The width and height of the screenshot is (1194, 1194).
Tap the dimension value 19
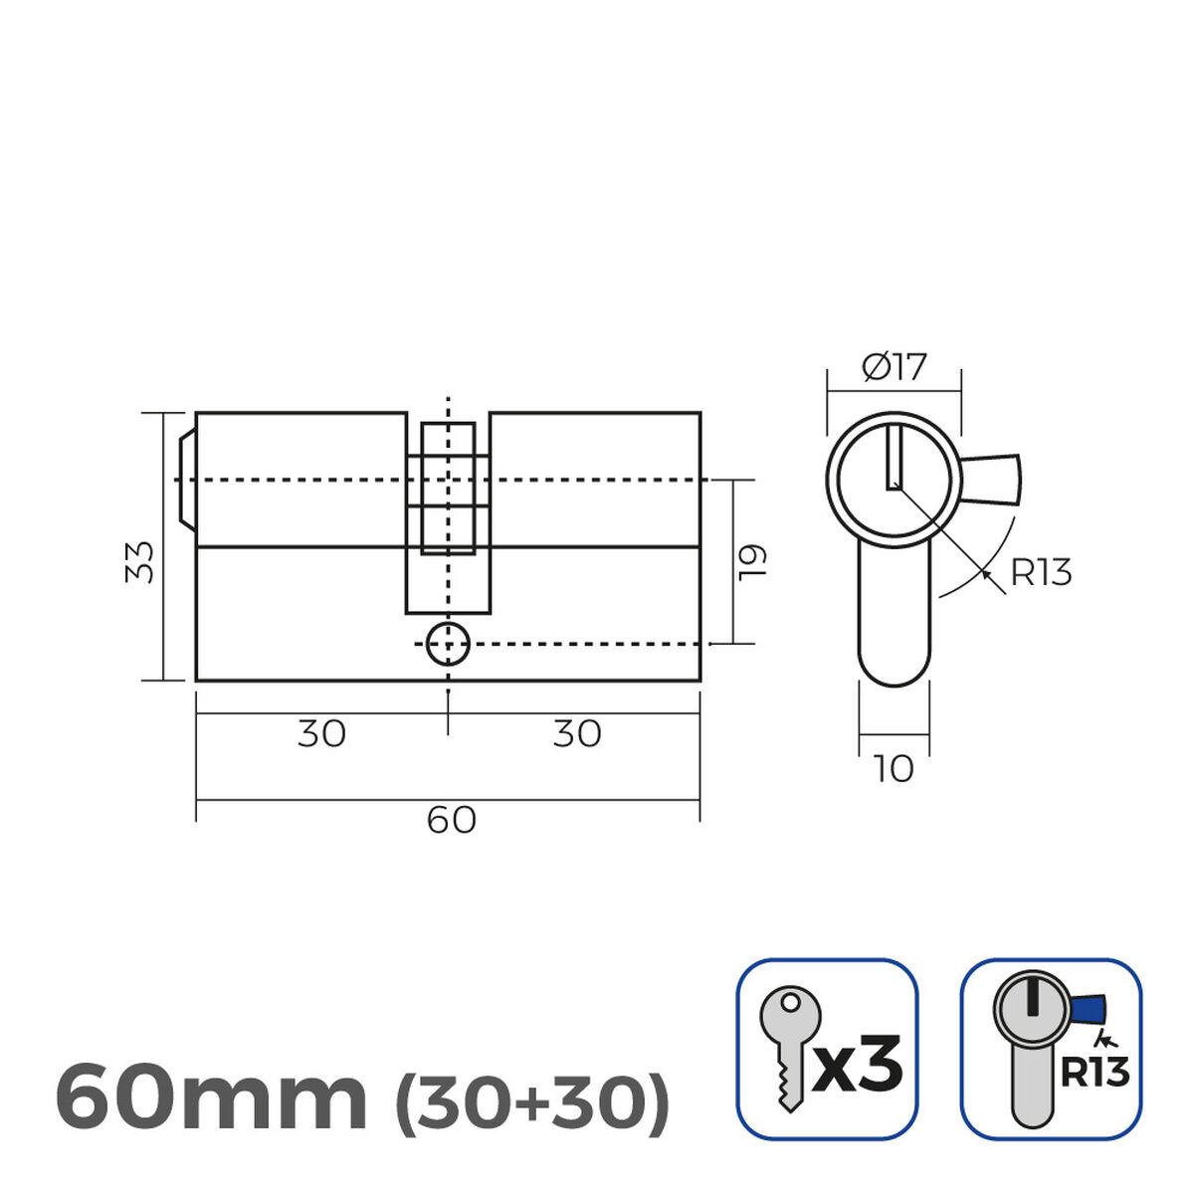753,561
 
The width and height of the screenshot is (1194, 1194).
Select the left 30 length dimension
321,734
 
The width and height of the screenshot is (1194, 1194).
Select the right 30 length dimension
577,734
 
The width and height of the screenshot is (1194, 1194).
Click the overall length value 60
451,821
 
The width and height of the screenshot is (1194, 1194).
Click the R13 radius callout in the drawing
1041,573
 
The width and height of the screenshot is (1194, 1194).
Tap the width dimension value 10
894,769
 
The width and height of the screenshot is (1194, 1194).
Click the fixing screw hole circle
448,645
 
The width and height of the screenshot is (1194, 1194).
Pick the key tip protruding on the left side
186,480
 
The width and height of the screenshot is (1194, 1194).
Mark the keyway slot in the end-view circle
894,457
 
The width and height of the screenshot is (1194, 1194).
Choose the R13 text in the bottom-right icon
1094,1073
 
